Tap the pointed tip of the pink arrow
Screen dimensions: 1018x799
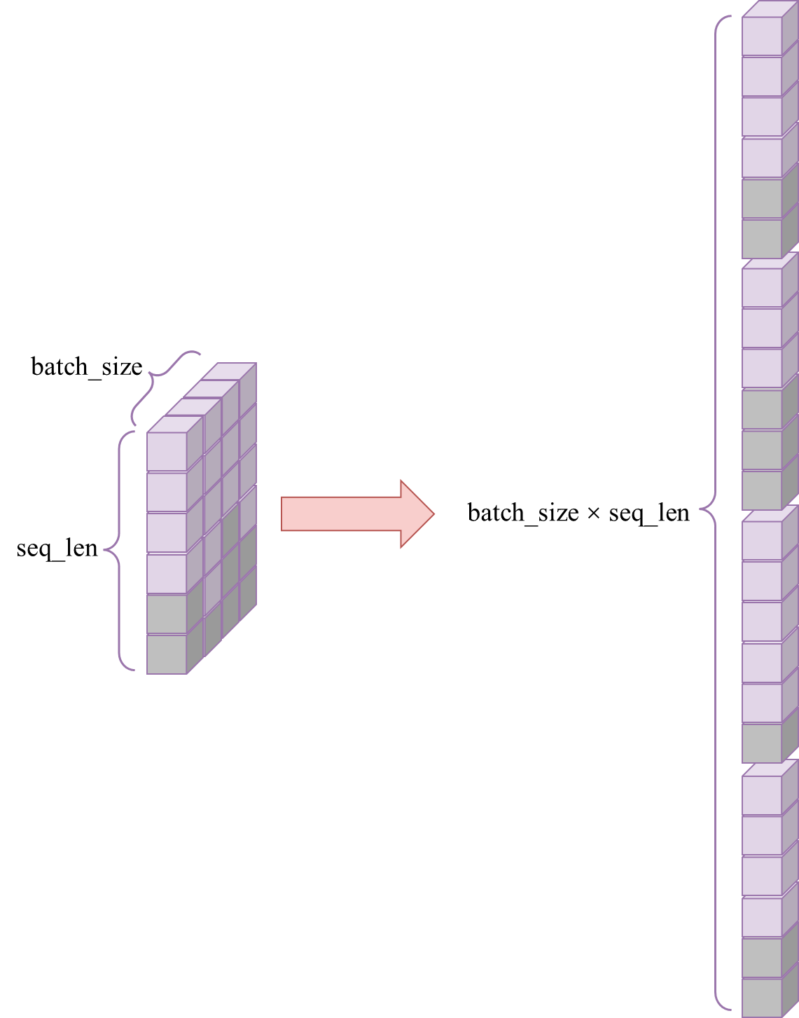[x=433, y=514]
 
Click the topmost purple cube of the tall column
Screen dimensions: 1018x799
[x=761, y=36]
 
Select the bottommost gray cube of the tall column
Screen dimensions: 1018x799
[x=761, y=997]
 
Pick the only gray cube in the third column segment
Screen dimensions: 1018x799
[x=761, y=743]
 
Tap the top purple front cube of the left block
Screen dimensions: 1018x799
[x=167, y=451]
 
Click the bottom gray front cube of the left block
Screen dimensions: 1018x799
[x=167, y=654]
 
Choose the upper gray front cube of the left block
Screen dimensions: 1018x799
[x=167, y=614]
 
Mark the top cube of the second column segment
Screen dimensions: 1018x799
[x=761, y=287]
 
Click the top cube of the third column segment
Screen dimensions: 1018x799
[x=761, y=540]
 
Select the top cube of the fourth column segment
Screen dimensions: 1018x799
[x=761, y=795]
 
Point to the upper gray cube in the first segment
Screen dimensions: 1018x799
[x=761, y=198]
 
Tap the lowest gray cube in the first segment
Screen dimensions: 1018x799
[x=761, y=238]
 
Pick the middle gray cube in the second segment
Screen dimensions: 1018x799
[x=761, y=449]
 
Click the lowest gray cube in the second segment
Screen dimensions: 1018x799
[x=761, y=490]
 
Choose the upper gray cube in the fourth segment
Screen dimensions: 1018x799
[x=761, y=957]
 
